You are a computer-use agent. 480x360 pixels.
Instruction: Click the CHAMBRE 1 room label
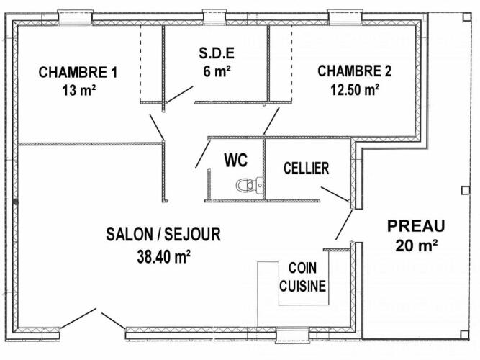tap(78, 72)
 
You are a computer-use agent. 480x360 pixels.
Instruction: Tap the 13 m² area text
tap(79, 91)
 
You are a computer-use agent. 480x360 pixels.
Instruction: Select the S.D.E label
tap(217, 53)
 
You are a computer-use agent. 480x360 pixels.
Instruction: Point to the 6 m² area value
tap(217, 72)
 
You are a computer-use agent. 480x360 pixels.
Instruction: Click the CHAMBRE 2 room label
tap(354, 71)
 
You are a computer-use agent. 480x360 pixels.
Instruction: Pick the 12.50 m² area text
tap(355, 90)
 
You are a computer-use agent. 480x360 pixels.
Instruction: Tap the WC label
tap(236, 160)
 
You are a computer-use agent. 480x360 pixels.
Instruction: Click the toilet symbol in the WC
tap(250, 185)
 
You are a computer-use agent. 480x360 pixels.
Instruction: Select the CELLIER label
tap(306, 168)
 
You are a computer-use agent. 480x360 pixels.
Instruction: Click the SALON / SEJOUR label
tap(163, 234)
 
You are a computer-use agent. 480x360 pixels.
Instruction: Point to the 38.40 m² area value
tap(163, 256)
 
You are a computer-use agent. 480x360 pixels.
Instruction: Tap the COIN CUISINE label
tap(302, 277)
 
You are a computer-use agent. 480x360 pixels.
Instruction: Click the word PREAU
tap(416, 226)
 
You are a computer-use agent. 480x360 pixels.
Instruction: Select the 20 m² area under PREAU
tap(416, 246)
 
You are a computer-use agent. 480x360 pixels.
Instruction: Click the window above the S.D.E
tap(214, 17)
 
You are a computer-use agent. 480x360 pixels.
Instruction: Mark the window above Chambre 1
tap(75, 17)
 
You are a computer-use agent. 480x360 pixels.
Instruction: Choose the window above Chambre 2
tap(345, 17)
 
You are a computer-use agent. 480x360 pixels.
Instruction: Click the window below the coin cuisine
tap(292, 335)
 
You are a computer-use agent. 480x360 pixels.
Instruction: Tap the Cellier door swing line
tap(335, 194)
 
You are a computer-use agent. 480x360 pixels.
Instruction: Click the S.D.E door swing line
tap(179, 94)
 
